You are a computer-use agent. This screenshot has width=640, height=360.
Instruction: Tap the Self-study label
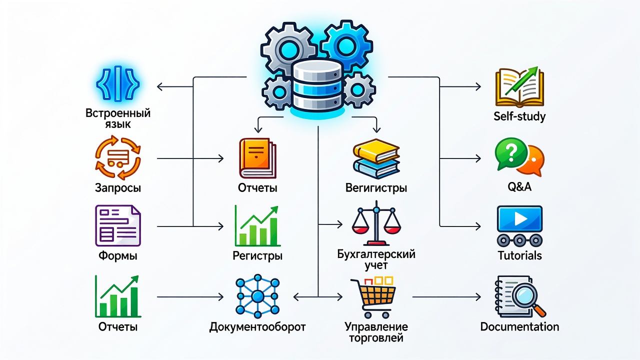pyautogui.click(x=519, y=116)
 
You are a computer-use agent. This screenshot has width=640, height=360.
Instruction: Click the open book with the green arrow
pyautogui.click(x=519, y=87)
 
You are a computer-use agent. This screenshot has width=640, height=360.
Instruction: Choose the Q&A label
pyautogui.click(x=519, y=187)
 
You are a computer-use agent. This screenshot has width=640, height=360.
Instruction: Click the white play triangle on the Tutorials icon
pyautogui.click(x=520, y=219)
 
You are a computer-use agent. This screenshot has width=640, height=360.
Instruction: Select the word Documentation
pyautogui.click(x=519, y=326)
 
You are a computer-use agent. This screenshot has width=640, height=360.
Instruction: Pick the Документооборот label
pyautogui.click(x=257, y=327)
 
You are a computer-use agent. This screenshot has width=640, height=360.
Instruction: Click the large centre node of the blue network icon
pyautogui.click(x=257, y=296)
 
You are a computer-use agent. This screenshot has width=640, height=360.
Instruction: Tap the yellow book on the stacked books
pyautogui.click(x=376, y=151)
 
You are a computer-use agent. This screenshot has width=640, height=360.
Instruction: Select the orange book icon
pyautogui.click(x=257, y=158)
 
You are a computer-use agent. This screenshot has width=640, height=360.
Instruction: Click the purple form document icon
pyautogui.click(x=117, y=225)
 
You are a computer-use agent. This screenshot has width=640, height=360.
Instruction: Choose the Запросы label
pyautogui.click(x=117, y=188)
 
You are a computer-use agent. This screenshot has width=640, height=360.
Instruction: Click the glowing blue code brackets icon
pyautogui.click(x=117, y=83)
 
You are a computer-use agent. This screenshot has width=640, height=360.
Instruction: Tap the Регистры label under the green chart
pyautogui.click(x=257, y=255)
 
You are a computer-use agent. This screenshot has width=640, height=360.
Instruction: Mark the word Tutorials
pyautogui.click(x=519, y=255)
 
